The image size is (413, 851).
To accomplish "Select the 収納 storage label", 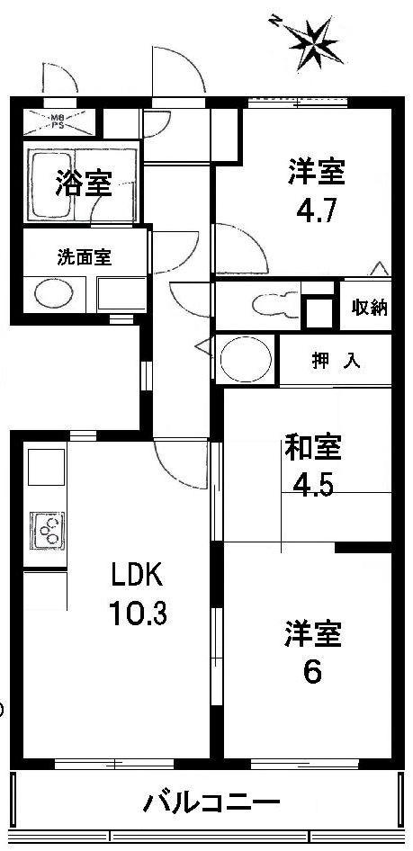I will [369, 307].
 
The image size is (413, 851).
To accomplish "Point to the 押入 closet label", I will [337, 362].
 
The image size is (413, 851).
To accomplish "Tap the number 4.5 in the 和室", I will [311, 486].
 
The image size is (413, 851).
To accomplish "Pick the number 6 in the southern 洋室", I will [311, 672].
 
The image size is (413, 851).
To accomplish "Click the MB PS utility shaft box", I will [57, 119].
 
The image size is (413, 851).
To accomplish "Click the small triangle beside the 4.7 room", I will [380, 267].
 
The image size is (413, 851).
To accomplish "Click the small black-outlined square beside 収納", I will [317, 310].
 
